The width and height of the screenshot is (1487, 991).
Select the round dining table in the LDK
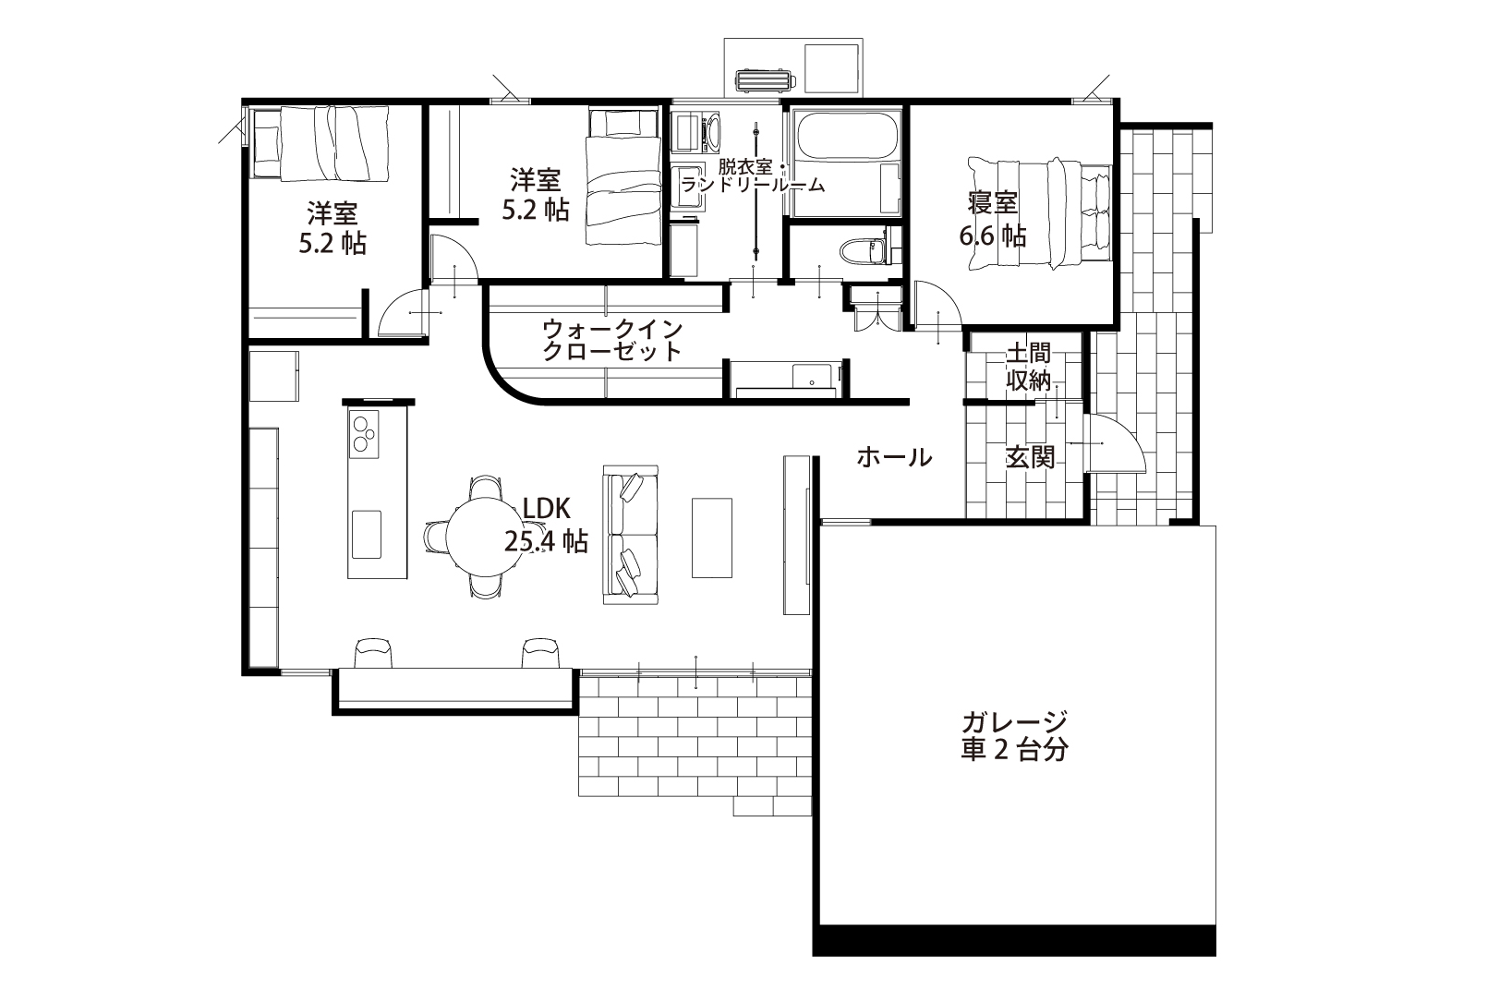[483, 538]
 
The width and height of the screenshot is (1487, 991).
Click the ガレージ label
[1014, 721]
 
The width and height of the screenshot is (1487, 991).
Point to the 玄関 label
[1030, 457]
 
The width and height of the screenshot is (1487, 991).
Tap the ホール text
[894, 457]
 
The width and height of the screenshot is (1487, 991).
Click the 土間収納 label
[1028, 367]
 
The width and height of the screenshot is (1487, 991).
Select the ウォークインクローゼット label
[612, 340]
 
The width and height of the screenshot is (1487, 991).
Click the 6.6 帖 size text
[993, 236]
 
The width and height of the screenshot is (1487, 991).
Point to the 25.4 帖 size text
[546, 541]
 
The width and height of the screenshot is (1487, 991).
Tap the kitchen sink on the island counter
[367, 535]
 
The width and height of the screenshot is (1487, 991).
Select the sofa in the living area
[630, 535]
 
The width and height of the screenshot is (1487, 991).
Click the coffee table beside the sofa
[711, 538]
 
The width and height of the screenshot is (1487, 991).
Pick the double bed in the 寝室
[1040, 212]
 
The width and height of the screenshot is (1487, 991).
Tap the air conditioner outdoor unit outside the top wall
[765, 80]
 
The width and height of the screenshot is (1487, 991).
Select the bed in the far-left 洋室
[320, 144]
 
